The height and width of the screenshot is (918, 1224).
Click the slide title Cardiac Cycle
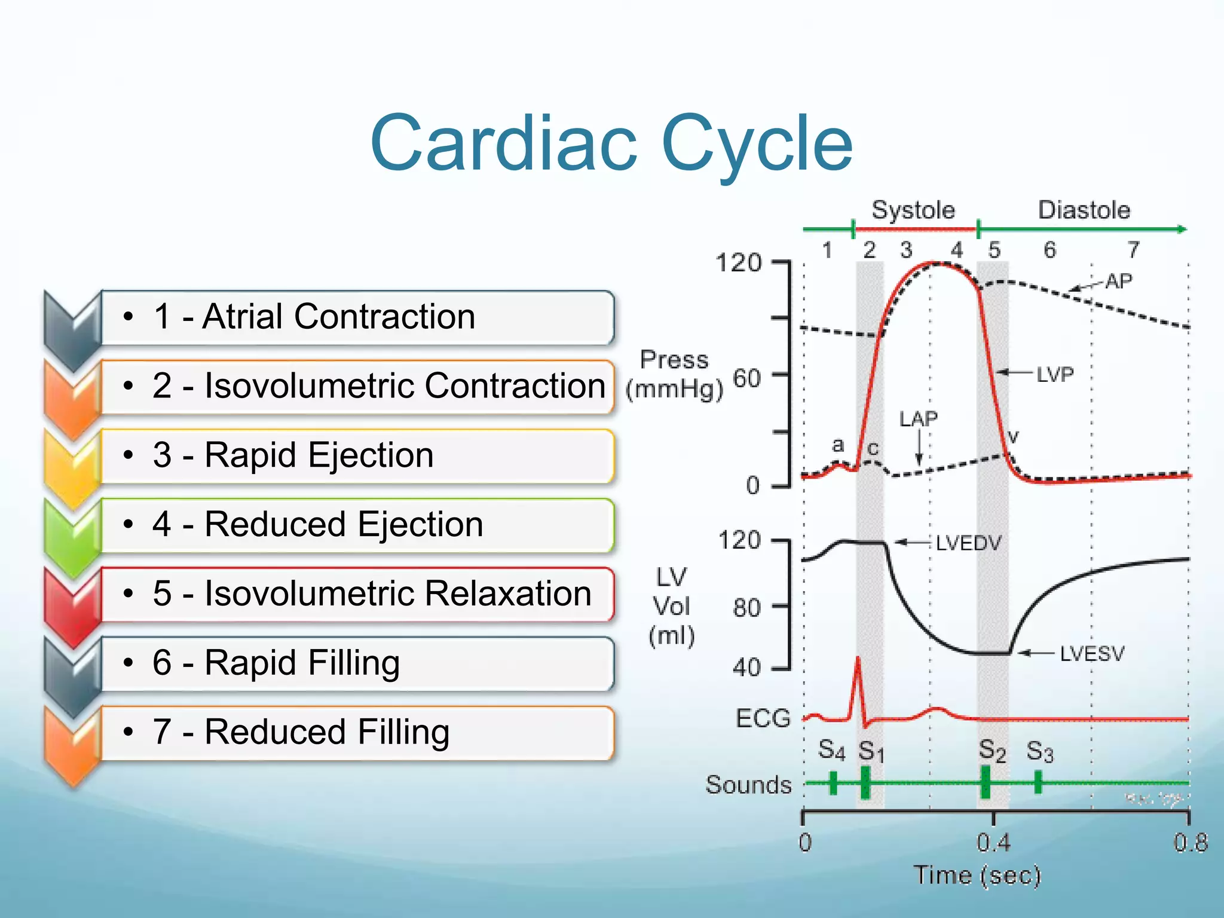coord(611,143)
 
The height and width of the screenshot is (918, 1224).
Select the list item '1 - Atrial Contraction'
coord(314,316)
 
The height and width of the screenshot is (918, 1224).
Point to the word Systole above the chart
coord(913,210)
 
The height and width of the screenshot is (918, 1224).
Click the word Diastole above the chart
coord(1084,210)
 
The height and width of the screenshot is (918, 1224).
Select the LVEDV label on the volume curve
coord(968,543)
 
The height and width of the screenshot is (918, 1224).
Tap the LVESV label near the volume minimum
coord(1092,654)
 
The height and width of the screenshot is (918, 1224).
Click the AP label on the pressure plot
coord(1118,281)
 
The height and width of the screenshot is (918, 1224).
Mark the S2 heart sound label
coord(992,751)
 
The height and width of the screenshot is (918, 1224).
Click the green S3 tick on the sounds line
coord(1038,782)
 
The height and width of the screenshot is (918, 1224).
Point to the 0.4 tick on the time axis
coord(993,843)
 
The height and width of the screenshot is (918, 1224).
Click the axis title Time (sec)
coord(978,876)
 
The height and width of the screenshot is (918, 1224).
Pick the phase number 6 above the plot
coord(1049,250)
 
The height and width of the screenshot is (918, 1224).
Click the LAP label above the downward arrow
coord(919,419)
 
